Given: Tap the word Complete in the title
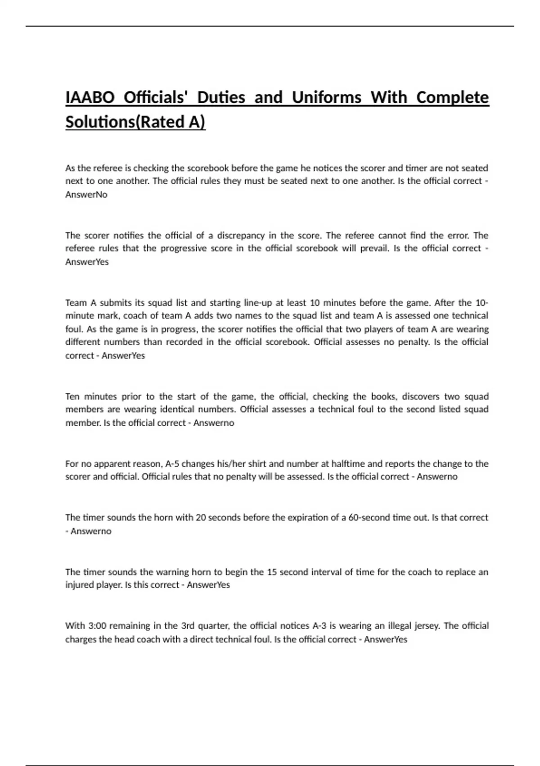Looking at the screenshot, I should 452,97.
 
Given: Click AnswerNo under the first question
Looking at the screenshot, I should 86,195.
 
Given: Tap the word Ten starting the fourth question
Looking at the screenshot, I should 72,397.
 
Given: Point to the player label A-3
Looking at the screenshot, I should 319,626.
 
